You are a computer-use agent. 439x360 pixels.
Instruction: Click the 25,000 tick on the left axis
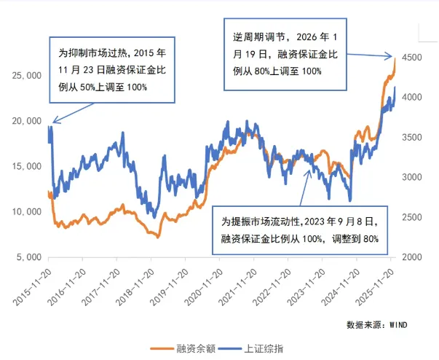24,75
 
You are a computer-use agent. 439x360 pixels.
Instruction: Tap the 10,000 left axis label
24,212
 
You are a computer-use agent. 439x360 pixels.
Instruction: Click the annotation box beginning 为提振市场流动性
305,228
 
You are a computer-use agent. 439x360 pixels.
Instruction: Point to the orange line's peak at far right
395,58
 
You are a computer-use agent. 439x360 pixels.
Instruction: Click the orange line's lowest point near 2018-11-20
156,237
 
